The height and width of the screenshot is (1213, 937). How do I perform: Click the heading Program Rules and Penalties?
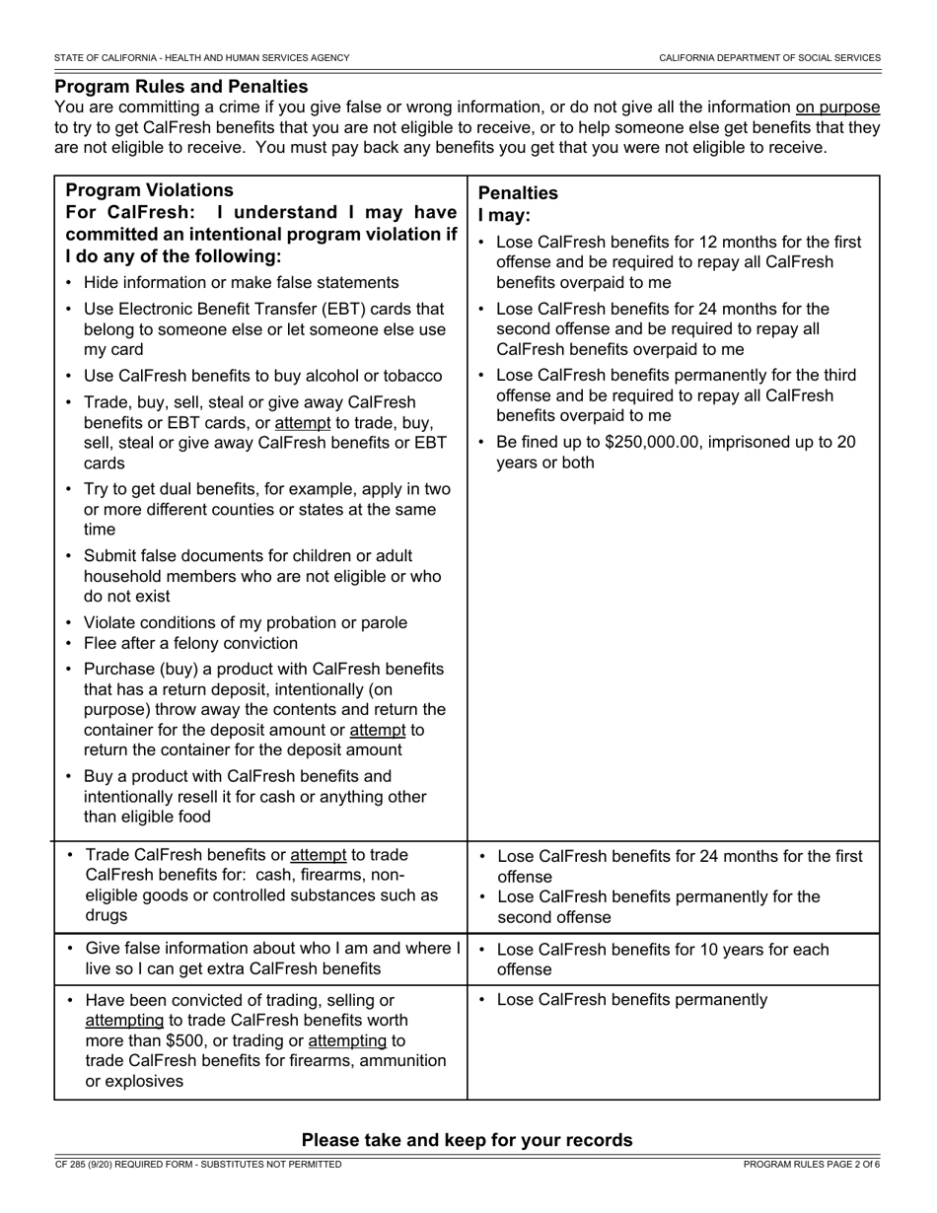[181, 87]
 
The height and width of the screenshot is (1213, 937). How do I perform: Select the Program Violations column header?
[149, 190]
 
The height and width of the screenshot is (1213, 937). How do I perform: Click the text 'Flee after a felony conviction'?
[190, 644]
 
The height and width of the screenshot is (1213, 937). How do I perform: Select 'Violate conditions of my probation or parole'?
[245, 623]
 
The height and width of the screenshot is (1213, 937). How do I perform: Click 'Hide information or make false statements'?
[241, 283]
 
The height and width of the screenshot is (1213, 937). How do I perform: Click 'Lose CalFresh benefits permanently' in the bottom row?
[631, 1000]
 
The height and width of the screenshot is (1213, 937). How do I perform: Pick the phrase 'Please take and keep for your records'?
[467, 1140]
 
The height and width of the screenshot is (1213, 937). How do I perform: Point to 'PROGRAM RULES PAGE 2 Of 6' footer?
[812, 1165]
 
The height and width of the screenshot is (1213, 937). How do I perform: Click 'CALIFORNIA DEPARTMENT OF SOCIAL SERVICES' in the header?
[769, 58]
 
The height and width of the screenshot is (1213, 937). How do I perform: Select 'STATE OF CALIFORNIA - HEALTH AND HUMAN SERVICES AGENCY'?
[202, 58]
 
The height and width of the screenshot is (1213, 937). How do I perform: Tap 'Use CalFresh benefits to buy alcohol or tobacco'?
[262, 376]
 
